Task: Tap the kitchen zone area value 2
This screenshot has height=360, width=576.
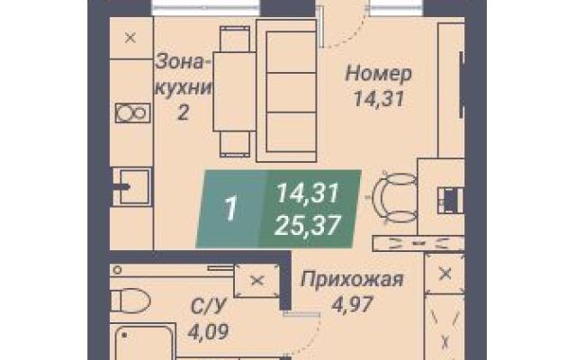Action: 183,112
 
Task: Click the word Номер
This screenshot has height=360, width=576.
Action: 378,74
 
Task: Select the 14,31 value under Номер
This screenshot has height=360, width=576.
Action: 379,98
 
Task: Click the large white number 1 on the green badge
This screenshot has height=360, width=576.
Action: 230,209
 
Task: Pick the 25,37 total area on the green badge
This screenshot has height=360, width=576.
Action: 308,225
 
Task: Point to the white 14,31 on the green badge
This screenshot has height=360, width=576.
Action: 307,193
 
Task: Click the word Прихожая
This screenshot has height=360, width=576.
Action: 352,280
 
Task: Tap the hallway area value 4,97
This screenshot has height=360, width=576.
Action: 352,304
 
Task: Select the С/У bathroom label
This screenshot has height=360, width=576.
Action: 208,307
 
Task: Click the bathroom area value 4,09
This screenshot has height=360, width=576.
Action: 208,331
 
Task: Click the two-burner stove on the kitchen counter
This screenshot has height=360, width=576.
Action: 133,112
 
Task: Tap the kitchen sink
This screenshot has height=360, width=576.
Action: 131,187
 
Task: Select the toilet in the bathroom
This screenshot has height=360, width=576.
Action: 130,301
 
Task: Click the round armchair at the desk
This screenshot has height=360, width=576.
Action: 394,198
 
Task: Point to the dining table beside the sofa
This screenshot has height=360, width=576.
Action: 234,92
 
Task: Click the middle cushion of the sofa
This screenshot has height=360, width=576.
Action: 291,92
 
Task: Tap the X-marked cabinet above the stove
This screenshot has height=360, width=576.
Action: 130,38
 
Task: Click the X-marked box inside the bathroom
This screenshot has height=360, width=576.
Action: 256,281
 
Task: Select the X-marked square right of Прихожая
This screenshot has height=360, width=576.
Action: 445,274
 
